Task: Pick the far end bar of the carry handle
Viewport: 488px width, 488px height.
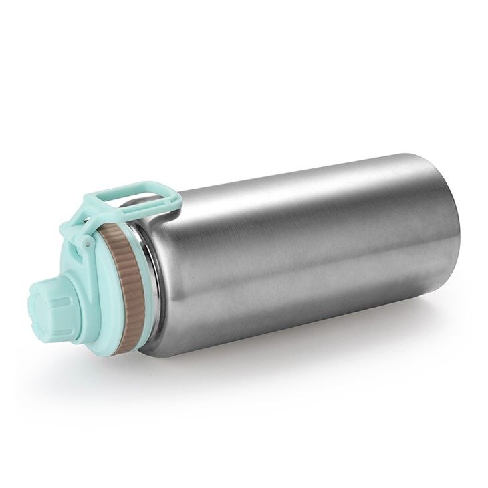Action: point(168,194)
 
